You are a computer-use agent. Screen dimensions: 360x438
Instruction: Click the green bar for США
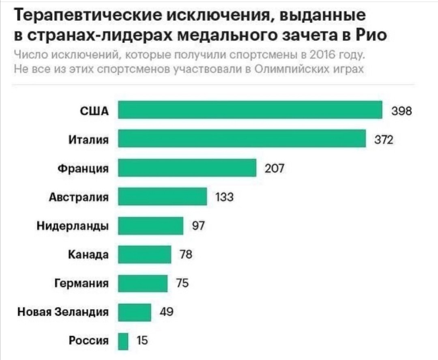250,110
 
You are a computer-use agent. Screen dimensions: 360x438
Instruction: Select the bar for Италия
242,139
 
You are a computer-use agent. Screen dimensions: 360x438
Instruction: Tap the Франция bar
187,168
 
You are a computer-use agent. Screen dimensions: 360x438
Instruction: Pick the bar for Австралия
162,197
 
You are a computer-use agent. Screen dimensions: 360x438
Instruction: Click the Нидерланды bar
150,226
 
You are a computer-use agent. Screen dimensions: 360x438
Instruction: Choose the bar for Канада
144,254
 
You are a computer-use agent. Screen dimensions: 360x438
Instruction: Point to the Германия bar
143,283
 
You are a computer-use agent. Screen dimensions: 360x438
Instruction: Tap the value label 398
401,111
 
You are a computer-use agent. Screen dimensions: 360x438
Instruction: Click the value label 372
383,140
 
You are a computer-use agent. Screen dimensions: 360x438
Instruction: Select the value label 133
224,197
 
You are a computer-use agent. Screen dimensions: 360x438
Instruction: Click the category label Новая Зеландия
63,312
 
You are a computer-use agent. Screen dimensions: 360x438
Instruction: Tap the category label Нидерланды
73,226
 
